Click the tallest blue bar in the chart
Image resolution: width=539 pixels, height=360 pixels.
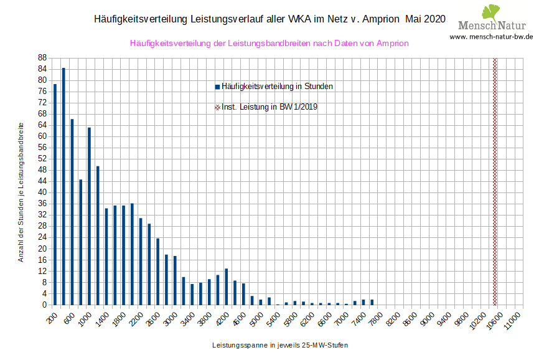[x=63, y=187]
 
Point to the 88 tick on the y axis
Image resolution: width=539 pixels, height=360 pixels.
[x=42, y=57]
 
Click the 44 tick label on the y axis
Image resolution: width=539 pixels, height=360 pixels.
[x=42, y=181]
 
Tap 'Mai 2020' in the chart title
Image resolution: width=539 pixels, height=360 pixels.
[x=425, y=19]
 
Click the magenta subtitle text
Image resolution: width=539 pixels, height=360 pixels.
[x=269, y=44]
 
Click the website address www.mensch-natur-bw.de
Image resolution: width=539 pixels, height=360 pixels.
[x=491, y=37]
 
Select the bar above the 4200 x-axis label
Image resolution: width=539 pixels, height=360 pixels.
[x=226, y=287]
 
